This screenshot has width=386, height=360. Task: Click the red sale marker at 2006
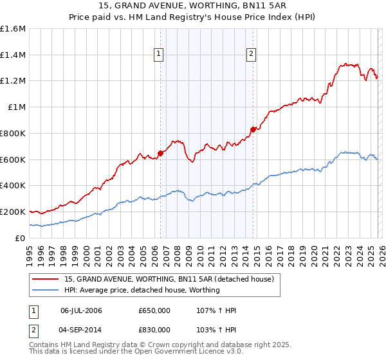160,153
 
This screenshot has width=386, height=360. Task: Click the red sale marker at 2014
253,129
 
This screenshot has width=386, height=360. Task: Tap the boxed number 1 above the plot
159,55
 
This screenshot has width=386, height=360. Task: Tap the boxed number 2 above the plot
251,55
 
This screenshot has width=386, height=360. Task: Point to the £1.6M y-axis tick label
13,29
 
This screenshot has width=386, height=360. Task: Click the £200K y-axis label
13,212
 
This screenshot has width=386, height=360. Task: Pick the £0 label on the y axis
21,238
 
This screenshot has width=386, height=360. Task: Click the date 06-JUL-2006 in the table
81,310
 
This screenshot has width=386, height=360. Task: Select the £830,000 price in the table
154,328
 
